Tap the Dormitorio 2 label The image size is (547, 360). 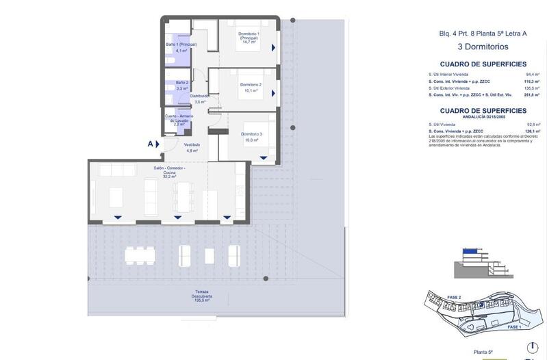point(250,84)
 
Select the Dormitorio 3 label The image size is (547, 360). point(251,133)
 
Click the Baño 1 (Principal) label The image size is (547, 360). point(181,44)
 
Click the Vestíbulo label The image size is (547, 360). point(192,144)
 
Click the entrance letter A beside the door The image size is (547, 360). point(150,144)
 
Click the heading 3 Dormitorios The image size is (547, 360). point(483,47)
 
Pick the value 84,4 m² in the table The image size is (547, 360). point(532,74)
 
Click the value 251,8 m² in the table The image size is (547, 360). point(531,95)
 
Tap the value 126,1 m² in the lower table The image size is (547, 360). point(532,131)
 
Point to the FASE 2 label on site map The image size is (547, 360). point(455,297)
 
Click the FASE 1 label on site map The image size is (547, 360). point(513,328)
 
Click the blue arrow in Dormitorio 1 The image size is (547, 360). point(273,48)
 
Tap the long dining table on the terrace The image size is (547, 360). point(141,256)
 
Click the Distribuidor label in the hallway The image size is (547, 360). point(199,96)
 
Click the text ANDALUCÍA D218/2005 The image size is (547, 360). point(483,117)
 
